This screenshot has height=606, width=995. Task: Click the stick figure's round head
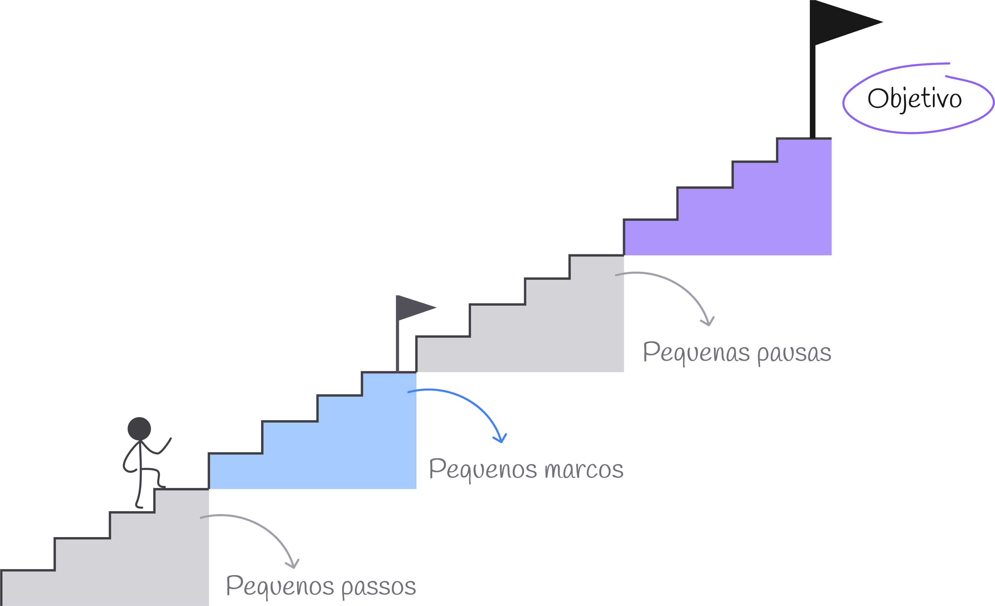point(139,429)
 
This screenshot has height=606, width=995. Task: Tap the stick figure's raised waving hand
point(169,440)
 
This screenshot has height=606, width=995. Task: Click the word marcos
point(583,470)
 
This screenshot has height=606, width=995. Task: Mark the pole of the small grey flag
point(397,347)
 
